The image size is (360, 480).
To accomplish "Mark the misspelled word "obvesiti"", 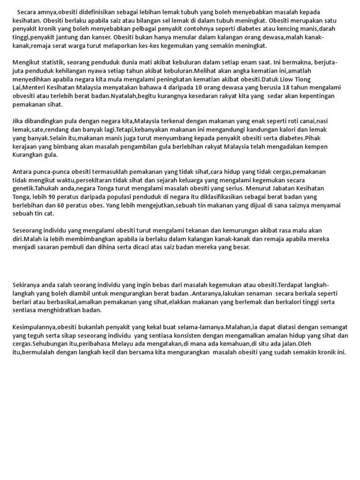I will click(x=24, y=96).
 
